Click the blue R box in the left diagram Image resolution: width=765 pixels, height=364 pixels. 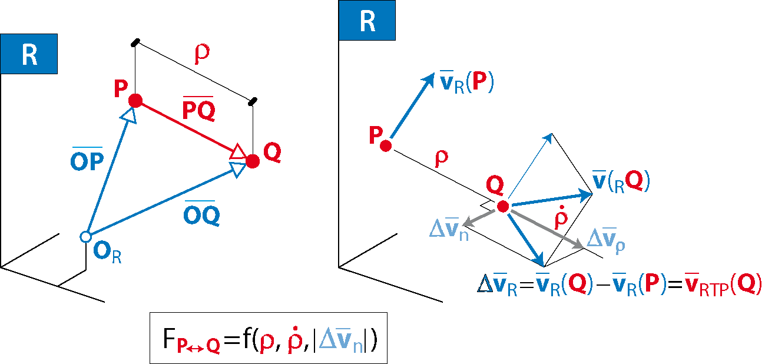[29, 54]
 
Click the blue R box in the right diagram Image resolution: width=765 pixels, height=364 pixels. [367, 20]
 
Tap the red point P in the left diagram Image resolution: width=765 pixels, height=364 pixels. [135, 101]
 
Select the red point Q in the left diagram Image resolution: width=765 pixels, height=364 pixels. [253, 161]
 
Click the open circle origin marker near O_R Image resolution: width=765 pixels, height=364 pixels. [85, 237]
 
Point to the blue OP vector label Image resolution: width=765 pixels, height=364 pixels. [87, 159]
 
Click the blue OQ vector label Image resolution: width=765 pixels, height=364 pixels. [201, 213]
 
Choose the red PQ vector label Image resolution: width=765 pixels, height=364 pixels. [199, 109]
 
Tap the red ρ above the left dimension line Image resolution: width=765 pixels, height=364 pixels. [202, 54]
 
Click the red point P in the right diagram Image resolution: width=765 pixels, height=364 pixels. [386, 146]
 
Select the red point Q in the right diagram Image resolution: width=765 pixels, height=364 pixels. [503, 206]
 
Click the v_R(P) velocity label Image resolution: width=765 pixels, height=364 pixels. [466, 82]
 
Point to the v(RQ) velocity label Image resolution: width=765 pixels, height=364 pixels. [621, 181]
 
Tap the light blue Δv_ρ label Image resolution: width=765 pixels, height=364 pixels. [606, 240]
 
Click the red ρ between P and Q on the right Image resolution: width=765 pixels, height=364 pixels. [442, 158]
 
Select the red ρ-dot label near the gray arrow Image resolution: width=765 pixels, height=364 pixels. [561, 217]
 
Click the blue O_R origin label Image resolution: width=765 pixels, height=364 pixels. [107, 252]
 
